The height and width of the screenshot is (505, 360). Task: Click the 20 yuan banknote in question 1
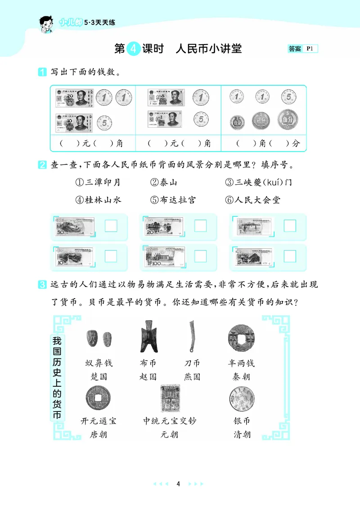pos(74,98)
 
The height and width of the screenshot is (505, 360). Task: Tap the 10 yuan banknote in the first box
pos(74,122)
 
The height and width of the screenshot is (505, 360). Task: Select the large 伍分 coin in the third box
pos(285,120)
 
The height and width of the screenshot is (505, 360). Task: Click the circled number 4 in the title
pos(134,49)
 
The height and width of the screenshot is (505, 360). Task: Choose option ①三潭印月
pos(98,182)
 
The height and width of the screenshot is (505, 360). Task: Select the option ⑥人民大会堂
pos(252,200)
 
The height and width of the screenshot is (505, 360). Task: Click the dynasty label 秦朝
pos(241,376)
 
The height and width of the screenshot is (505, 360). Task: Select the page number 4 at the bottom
pos(179,484)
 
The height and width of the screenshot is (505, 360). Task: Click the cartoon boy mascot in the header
pos(46,25)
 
